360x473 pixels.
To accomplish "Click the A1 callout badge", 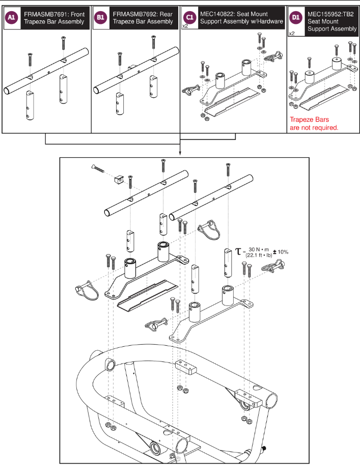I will (x=11, y=18).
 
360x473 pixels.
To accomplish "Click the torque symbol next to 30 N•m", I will (x=237, y=252).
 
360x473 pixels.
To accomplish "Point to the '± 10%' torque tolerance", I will (x=280, y=252).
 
